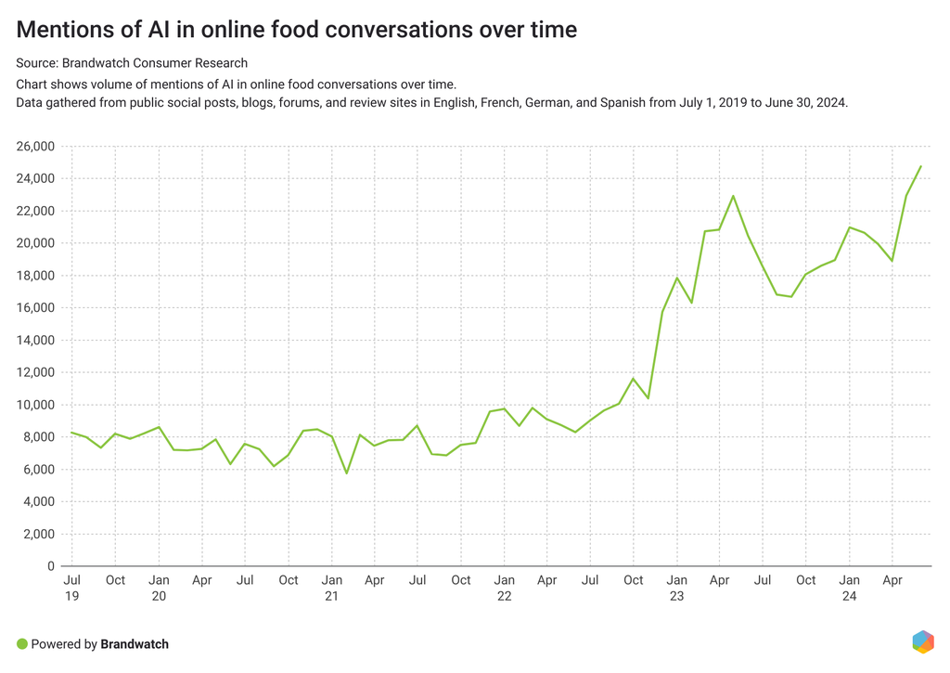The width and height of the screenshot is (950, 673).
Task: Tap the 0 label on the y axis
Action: (x=52, y=566)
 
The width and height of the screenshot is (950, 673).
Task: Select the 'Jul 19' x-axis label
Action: (x=71, y=588)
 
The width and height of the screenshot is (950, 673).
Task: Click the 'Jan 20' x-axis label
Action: (x=159, y=588)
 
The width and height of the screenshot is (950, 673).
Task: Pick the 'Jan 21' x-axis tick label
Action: (x=331, y=588)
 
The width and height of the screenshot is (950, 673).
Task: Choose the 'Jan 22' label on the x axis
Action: (x=504, y=588)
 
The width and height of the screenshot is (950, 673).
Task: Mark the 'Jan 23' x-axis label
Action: (x=676, y=588)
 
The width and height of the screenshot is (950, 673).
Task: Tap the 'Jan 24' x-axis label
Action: (x=849, y=588)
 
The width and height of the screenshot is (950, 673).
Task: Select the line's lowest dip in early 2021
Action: (x=346, y=473)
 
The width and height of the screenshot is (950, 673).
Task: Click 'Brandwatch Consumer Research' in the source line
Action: (x=154, y=63)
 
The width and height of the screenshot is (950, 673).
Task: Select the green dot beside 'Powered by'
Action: (x=22, y=644)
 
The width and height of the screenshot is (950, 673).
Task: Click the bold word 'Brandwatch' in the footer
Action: (x=135, y=644)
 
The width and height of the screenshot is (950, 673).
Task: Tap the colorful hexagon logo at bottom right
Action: (x=922, y=641)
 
